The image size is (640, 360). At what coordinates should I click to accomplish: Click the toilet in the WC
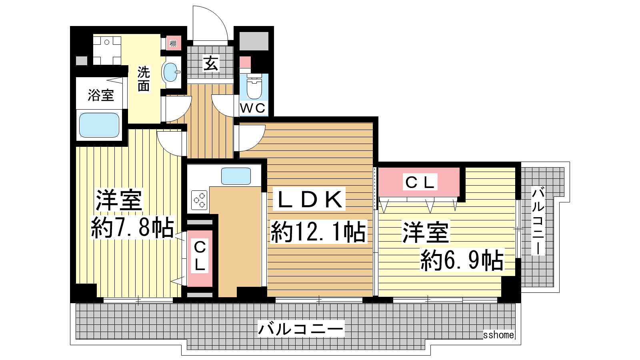tap(254, 86)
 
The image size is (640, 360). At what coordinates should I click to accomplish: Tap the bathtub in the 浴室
tap(99, 125)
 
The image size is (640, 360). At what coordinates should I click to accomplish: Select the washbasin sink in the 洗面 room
tap(171, 72)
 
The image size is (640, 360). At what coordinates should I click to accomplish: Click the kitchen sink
tap(236, 176)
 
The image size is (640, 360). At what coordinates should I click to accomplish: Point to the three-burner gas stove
tap(199, 200)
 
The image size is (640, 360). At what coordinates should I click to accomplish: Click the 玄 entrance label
tap(211, 63)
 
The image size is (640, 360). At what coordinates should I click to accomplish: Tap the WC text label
tap(253, 108)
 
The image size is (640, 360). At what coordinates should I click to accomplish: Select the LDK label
tap(310, 199)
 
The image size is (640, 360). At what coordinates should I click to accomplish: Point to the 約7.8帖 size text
tap(132, 228)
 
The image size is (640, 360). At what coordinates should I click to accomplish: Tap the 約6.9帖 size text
tap(462, 260)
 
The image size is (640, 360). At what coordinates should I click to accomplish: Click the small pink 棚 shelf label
tap(173, 44)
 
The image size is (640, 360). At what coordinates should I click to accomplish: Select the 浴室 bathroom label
tap(100, 95)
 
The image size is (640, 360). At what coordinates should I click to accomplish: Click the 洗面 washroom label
tap(144, 78)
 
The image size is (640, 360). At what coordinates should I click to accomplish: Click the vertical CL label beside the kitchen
tap(200, 256)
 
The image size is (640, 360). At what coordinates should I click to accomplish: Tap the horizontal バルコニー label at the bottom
tap(300, 328)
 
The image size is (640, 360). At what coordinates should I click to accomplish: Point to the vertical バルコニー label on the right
tap(538, 221)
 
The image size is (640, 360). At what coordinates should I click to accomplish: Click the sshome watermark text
tap(498, 335)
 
